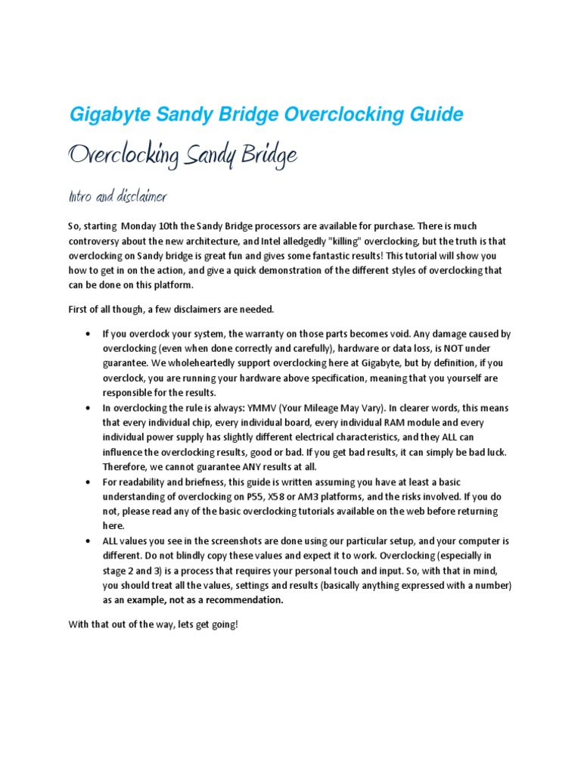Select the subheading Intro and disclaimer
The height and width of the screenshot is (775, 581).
tap(117, 198)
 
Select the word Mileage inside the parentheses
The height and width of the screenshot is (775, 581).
tap(347, 408)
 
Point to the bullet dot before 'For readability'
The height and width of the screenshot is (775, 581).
tap(89, 482)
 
